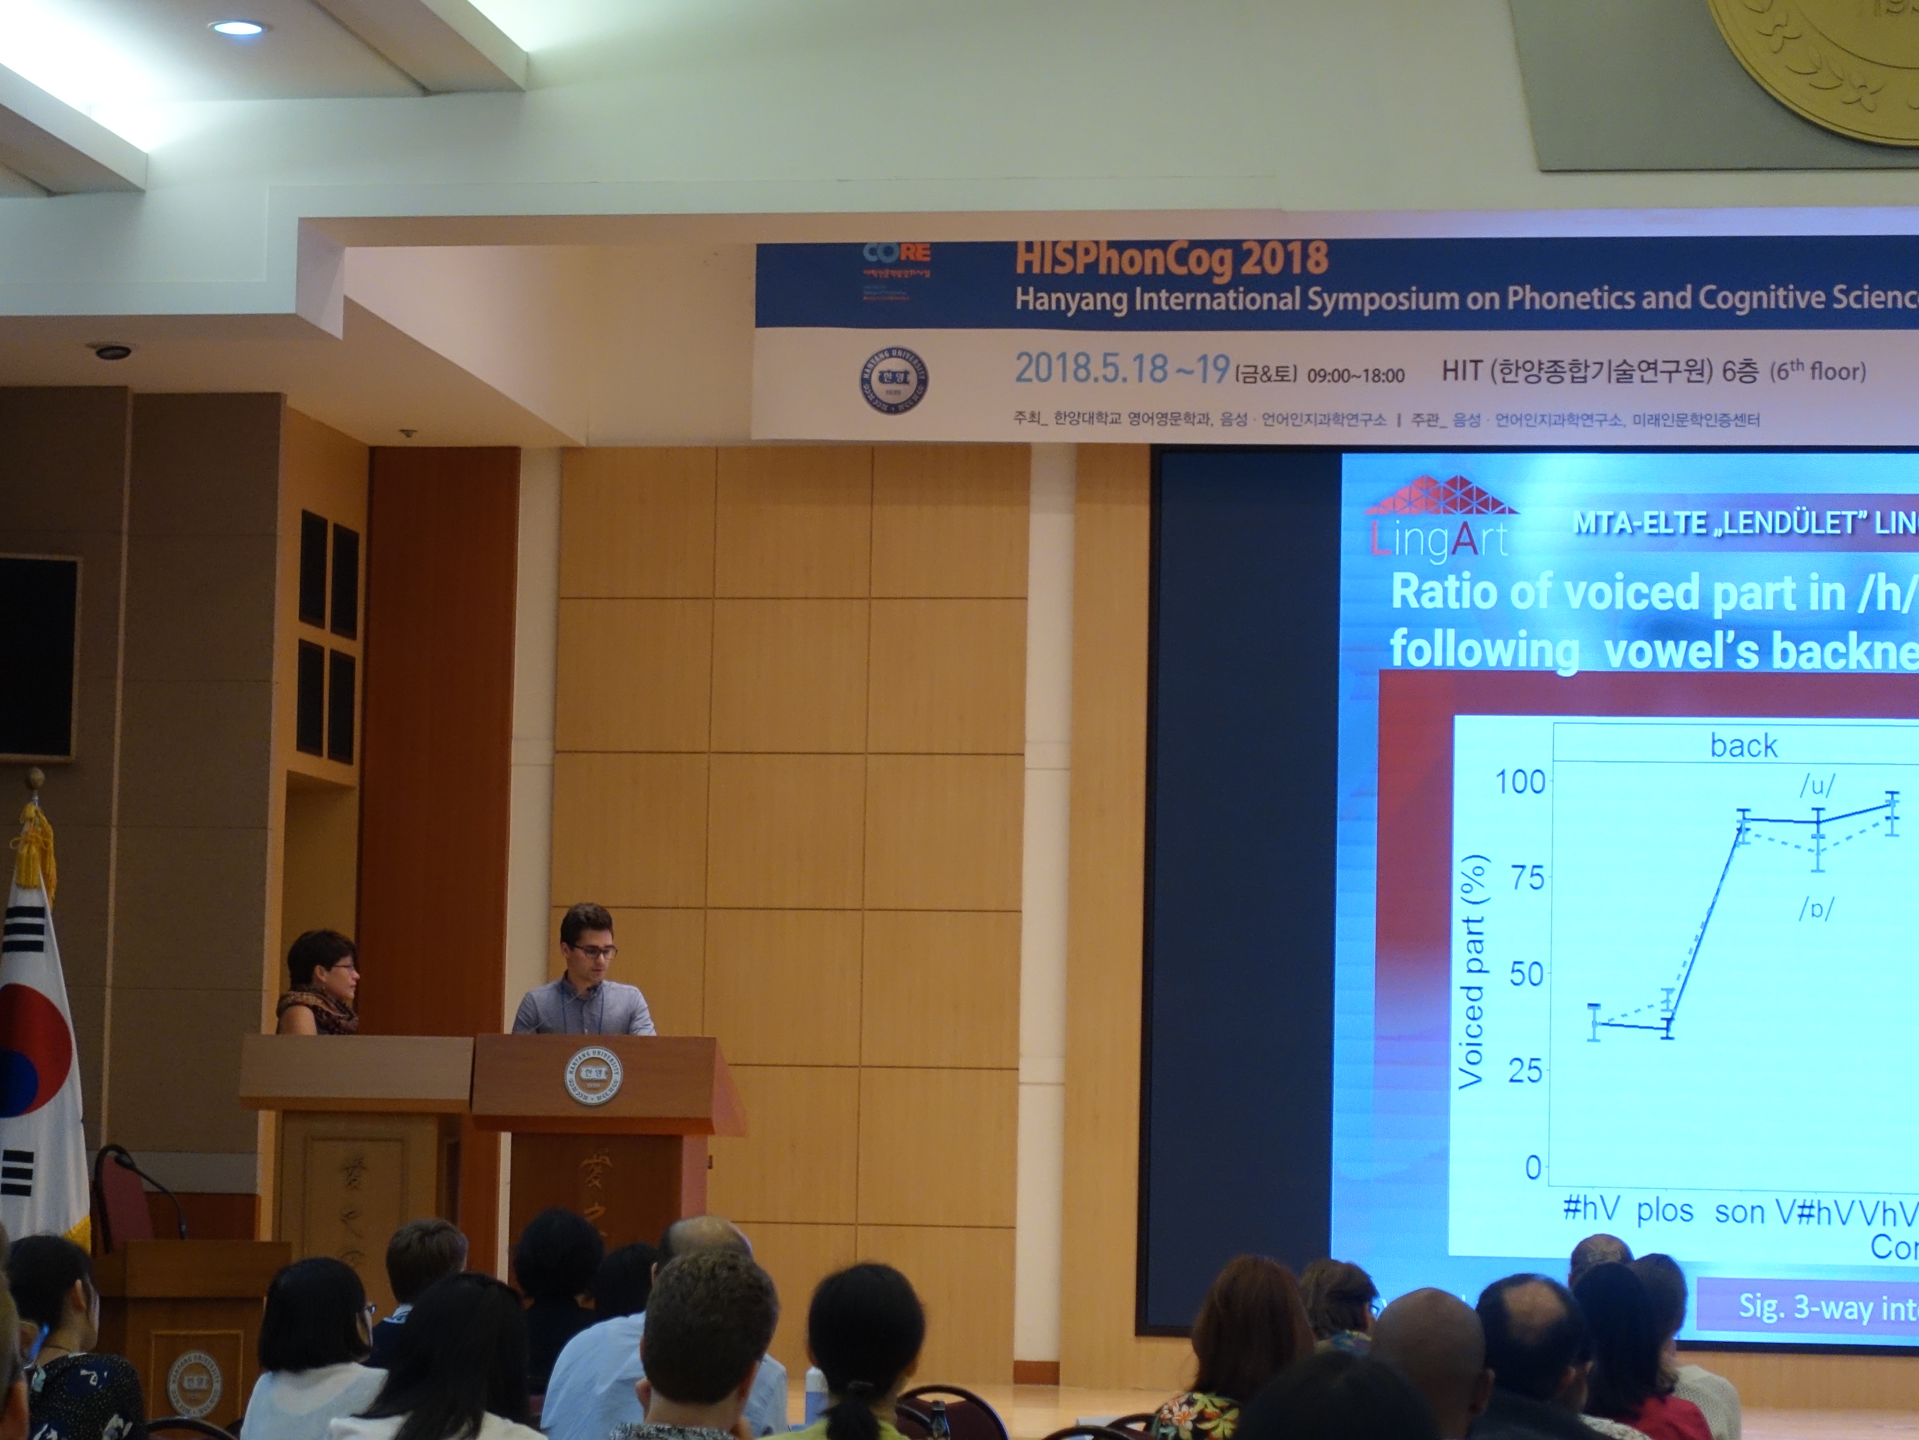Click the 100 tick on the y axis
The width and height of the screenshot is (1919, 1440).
[x=1520, y=782]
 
